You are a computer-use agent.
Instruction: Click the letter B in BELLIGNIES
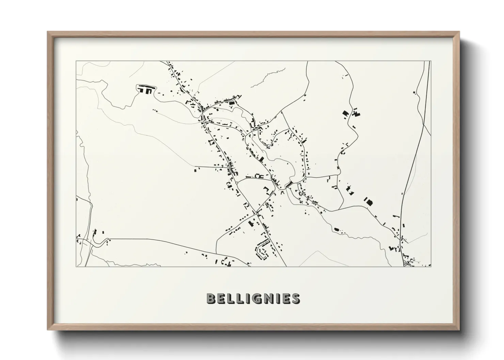tap(210, 298)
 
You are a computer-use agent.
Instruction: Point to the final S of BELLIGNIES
tap(296, 298)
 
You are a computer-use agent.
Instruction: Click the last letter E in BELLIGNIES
tap(285, 298)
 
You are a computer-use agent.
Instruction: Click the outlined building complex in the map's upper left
tap(146, 89)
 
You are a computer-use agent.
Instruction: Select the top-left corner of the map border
tap(76, 61)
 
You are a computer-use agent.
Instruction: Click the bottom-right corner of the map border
tap(431, 266)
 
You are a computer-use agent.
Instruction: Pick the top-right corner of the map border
tap(431, 61)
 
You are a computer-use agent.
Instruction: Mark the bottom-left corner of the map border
tap(76, 266)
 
